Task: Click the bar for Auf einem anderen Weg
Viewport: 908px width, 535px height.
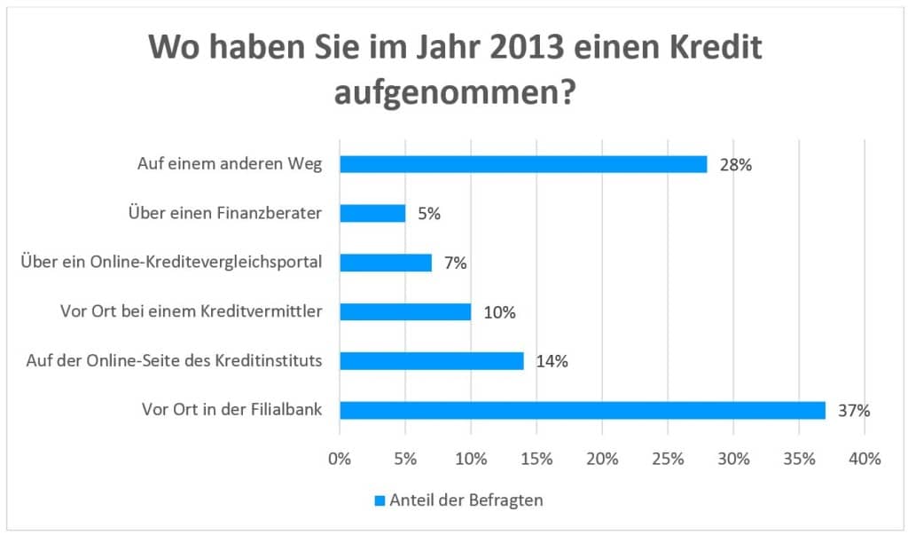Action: (523, 164)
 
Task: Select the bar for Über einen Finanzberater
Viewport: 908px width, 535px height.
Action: (372, 213)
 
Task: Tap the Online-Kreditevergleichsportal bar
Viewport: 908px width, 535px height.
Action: (386, 263)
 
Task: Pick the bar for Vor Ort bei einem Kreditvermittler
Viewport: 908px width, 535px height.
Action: (405, 311)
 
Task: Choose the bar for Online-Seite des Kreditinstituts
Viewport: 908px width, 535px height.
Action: (432, 360)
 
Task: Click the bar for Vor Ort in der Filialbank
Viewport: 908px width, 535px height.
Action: (583, 410)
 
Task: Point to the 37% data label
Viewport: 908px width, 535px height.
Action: (855, 410)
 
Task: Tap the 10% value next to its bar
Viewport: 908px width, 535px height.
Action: (500, 311)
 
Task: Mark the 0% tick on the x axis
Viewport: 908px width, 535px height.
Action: (340, 459)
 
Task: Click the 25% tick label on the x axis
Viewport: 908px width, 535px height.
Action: (668, 459)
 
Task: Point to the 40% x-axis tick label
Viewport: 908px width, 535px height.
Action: (865, 459)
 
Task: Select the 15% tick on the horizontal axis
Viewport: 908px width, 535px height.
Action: (536, 459)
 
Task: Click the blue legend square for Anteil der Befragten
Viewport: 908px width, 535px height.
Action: (380, 500)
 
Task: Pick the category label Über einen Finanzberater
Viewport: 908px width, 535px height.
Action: (219, 213)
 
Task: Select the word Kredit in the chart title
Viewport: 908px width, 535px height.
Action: (709, 49)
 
